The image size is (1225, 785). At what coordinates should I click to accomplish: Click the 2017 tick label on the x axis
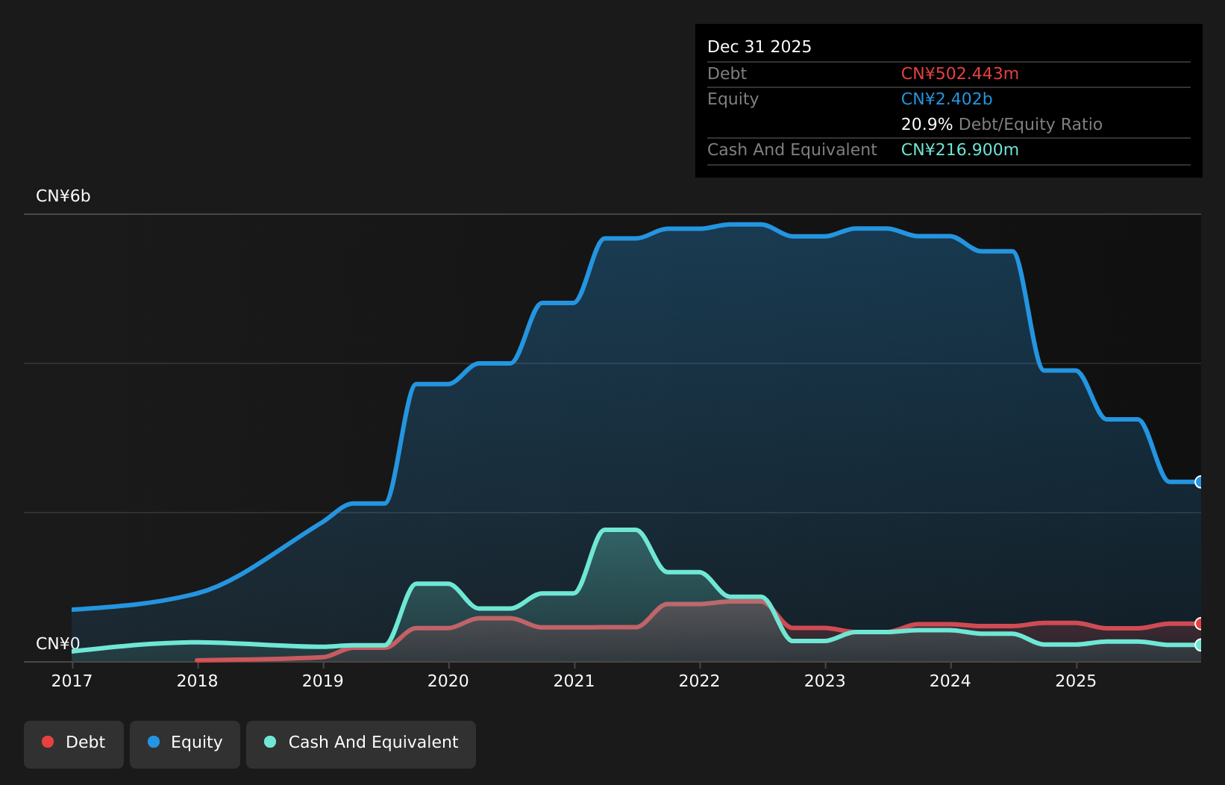point(72,681)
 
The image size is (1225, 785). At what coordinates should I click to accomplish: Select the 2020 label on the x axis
point(448,681)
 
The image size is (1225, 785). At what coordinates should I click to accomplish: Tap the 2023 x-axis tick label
point(824,681)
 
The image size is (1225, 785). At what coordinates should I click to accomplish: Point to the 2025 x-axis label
point(1075,681)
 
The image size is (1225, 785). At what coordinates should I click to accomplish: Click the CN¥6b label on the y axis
point(63,196)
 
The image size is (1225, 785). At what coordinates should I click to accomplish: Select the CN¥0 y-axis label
point(57,643)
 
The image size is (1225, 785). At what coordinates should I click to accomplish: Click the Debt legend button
point(74,743)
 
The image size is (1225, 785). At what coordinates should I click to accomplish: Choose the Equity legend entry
point(185,743)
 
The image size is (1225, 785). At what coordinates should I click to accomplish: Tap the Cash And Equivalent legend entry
point(361,743)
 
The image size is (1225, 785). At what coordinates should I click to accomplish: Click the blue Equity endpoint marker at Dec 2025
point(1199,482)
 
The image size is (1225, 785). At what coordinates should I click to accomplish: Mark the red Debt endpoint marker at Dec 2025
point(1199,623)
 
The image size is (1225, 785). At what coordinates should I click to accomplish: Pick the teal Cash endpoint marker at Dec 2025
point(1199,645)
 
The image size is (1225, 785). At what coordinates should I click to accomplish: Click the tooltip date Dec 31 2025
point(759,47)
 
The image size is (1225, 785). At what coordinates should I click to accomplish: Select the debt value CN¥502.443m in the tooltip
point(959,74)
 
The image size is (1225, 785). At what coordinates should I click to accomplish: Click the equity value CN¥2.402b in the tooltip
point(946,99)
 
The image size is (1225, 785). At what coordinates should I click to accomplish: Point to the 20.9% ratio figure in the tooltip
point(926,125)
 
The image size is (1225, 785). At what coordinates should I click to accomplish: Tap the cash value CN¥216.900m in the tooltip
point(959,150)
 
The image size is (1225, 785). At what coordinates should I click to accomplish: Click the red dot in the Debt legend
point(48,742)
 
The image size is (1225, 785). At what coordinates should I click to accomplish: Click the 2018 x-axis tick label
point(197,681)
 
